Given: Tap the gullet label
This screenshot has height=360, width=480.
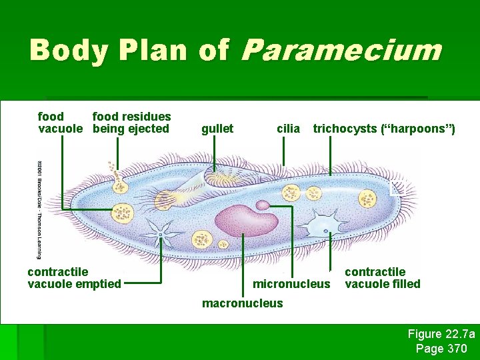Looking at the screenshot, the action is (x=217, y=129).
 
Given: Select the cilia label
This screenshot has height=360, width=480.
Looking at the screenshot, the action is (x=288, y=129).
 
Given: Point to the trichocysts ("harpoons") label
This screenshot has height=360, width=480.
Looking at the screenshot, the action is (x=384, y=129).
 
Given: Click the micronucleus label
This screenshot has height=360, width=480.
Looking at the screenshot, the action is (x=291, y=284).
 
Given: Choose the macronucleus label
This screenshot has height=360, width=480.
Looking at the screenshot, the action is (x=242, y=303).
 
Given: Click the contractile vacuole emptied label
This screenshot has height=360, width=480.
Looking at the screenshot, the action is (x=74, y=278).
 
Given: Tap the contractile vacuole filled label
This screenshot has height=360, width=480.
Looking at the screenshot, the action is (x=382, y=278).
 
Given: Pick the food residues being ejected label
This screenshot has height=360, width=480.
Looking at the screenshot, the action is (x=131, y=123).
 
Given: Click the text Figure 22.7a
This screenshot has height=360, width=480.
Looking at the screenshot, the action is (x=441, y=334).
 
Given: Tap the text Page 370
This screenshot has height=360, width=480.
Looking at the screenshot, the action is (x=441, y=348).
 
